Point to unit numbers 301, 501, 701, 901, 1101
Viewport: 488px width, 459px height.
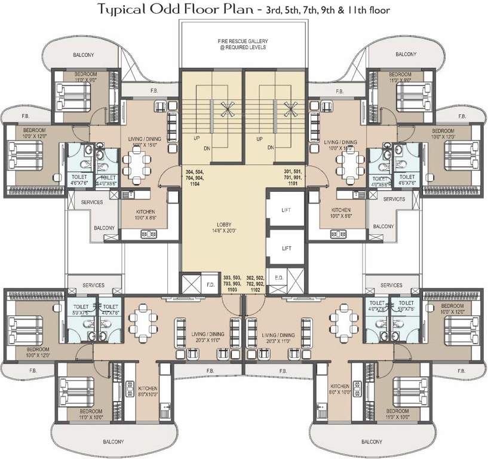tap(293, 178)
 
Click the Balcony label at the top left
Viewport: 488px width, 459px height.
tap(83, 54)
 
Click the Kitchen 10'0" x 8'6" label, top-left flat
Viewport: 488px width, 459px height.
tap(145, 215)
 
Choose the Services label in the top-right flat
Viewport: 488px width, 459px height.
tap(394, 199)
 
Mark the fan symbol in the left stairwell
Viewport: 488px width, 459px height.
tap(226, 108)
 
